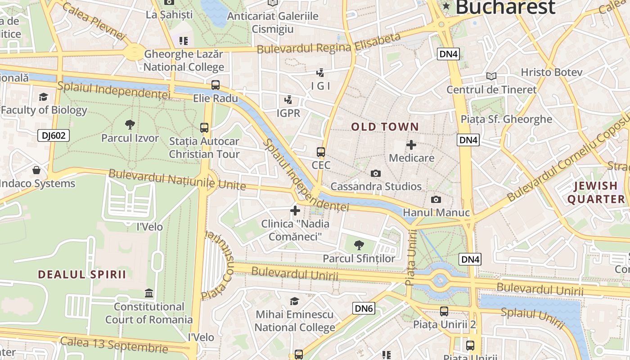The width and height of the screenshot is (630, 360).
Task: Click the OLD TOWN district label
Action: click(385, 127)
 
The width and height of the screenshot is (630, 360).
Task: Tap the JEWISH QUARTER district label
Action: click(596, 193)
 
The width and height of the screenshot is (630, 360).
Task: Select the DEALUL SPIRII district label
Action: click(82, 274)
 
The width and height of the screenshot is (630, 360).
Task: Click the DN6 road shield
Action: click(364, 308)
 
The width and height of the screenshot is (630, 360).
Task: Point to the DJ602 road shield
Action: click(54, 135)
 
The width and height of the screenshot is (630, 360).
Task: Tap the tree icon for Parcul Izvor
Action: click(130, 125)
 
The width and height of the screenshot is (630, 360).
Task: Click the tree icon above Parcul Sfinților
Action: click(359, 245)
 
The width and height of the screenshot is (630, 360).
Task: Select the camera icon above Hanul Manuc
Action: click(436, 199)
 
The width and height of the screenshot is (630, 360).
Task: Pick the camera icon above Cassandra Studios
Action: click(375, 173)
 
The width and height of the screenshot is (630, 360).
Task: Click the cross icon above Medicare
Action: click(411, 145)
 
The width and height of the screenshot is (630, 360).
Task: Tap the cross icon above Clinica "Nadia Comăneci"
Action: click(295, 210)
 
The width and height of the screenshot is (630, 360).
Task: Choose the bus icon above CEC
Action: click(320, 152)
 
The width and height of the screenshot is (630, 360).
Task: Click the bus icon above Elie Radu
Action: click(216, 85)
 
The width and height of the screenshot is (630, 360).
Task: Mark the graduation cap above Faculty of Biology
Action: click(43, 97)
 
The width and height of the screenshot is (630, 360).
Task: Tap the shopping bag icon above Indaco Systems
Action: click(36, 170)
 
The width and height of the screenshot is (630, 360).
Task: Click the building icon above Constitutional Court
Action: click(149, 293)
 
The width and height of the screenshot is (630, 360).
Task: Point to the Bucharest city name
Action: click(505, 7)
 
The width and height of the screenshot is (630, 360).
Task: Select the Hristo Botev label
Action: click(551, 72)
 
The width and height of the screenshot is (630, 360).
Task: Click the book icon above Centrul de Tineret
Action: click(491, 76)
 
